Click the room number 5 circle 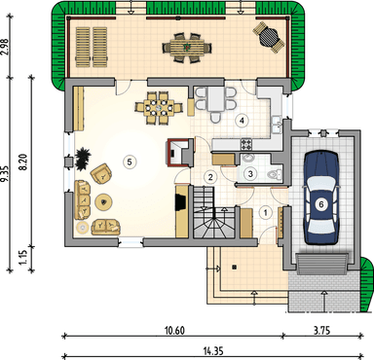coord(130,162)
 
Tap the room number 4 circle coord(242,121)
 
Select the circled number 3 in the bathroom coord(250,173)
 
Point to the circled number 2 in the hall coord(210,177)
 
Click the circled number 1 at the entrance coord(266,213)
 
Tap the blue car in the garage coord(321,198)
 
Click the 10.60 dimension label coord(174,331)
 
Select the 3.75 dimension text coord(321,331)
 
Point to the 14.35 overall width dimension coord(213,351)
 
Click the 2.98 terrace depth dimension coord(6,47)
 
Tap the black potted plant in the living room coord(83,158)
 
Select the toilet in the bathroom coord(275,175)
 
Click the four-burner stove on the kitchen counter coord(246,144)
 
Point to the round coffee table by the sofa coord(104,202)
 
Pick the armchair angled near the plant coord(101,174)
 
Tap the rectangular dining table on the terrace coord(187,48)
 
